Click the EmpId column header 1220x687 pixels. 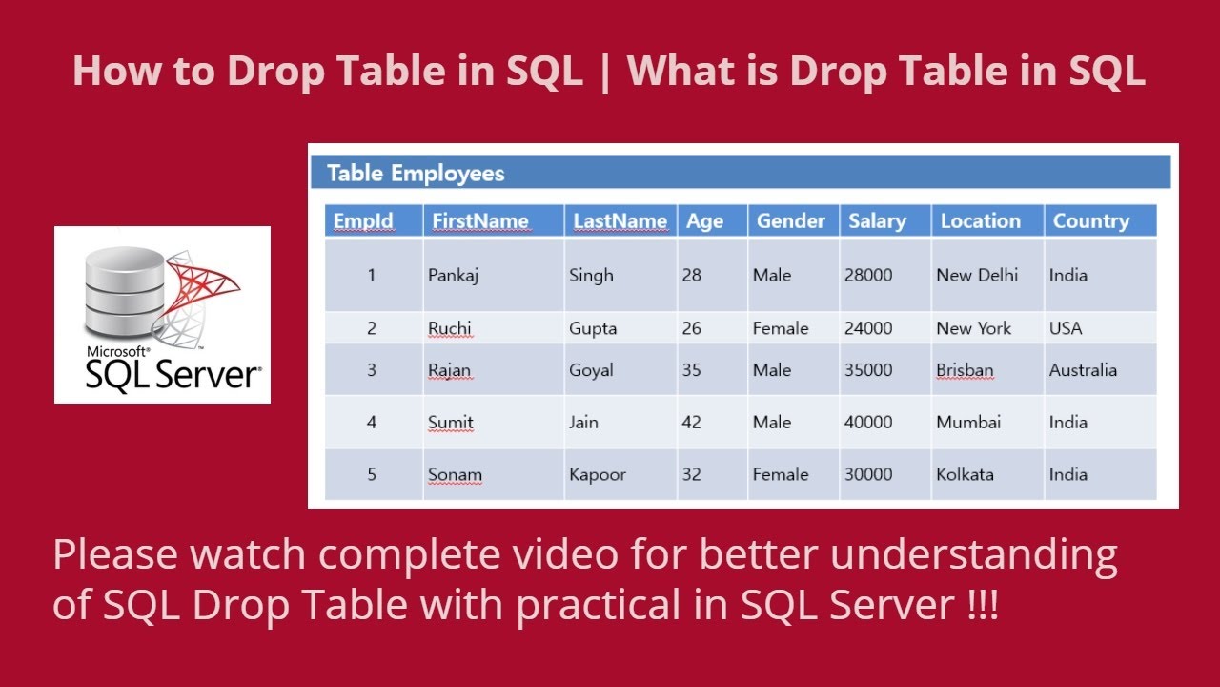[363, 221]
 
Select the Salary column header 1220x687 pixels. [877, 221]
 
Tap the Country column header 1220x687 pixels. [1091, 221]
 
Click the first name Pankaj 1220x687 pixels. [453, 276]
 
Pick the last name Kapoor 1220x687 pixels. [598, 474]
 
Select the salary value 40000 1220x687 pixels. [868, 423]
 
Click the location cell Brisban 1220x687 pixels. [965, 370]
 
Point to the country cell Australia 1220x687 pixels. [1083, 370]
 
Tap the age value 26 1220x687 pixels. [692, 328]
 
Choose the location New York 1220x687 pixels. [973, 328]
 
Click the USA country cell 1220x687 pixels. [1066, 328]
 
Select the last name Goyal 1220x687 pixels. [591, 370]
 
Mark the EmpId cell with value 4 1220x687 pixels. [372, 423]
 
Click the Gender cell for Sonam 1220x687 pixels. [781, 474]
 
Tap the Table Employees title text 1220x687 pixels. [416, 174]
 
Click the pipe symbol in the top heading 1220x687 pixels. [604, 73]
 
